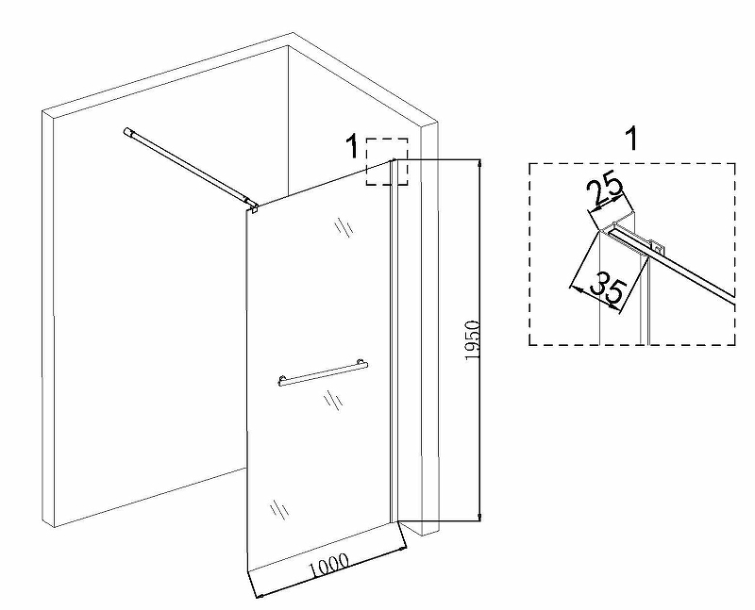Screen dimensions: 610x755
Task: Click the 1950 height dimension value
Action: click(x=474, y=340)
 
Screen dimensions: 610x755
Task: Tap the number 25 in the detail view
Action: click(x=605, y=190)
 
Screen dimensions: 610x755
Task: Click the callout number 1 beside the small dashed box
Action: click(x=351, y=147)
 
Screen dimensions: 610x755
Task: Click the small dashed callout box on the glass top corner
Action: click(x=387, y=161)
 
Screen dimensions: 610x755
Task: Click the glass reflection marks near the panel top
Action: click(x=343, y=229)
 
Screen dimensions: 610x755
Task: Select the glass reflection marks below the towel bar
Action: click(x=331, y=401)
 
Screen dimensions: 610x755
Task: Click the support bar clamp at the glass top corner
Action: click(x=251, y=205)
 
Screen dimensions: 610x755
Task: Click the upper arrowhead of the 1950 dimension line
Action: click(x=481, y=163)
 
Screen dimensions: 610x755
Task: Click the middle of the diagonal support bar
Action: click(x=189, y=168)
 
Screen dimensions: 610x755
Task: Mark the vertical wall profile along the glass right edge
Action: click(x=394, y=339)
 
